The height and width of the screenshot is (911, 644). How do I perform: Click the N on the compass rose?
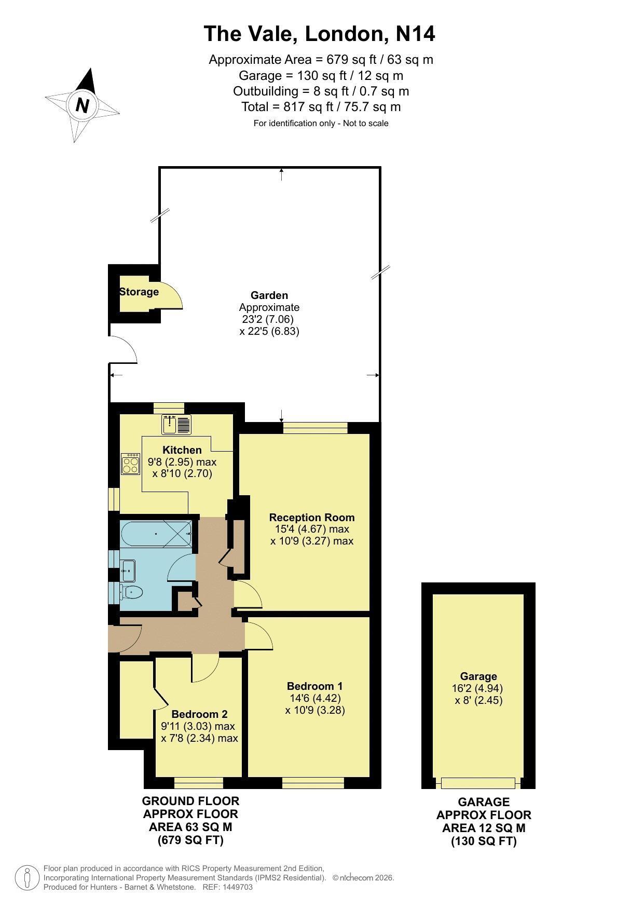82,105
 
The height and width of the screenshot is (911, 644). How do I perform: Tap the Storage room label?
139,292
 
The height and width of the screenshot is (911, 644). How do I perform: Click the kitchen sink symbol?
176,425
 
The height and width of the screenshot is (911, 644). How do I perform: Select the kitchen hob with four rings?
131,464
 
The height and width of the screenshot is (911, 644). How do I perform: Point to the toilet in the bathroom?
131,591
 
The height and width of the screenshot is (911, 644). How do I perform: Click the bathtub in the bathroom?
156,533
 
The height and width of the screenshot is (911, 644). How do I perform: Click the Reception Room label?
312,518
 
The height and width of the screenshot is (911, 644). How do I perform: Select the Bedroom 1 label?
315,686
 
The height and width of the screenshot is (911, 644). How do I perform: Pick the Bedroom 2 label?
200,714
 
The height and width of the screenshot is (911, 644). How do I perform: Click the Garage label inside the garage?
478,676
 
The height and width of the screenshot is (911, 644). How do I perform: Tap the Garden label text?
269,295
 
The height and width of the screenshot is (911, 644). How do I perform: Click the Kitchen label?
182,450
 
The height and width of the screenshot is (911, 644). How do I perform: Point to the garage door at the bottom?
478,783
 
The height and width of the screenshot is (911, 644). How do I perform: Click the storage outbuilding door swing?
171,296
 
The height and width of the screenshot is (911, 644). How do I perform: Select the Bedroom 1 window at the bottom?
313,783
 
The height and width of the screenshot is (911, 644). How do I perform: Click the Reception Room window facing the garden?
316,428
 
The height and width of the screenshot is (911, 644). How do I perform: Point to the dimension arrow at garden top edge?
281,174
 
